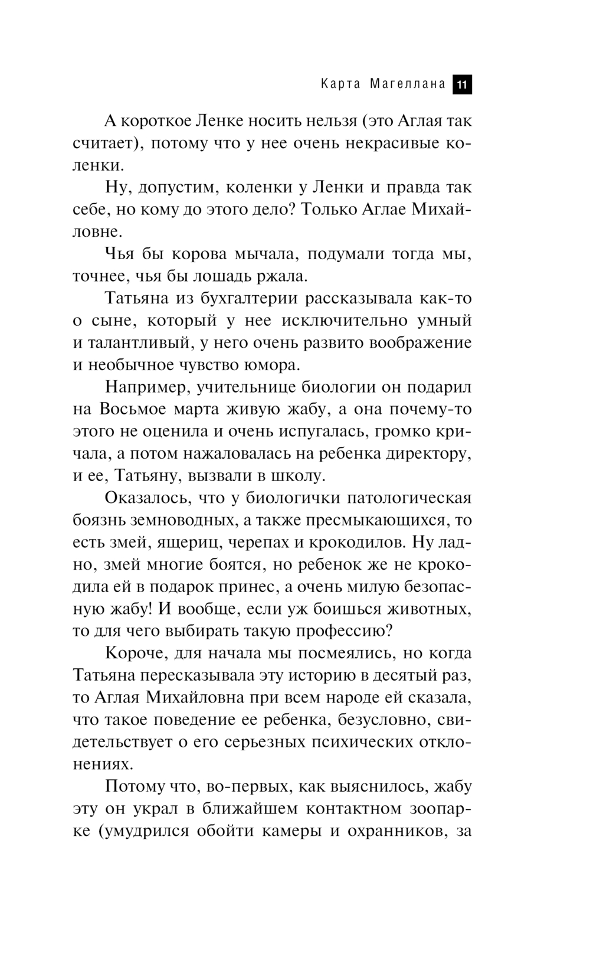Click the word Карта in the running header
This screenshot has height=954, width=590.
point(341,84)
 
